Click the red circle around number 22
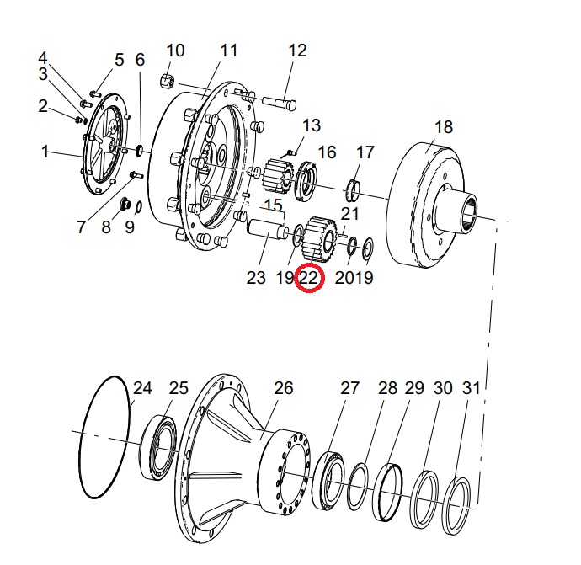pyautogui.click(x=310, y=278)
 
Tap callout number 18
pyautogui.click(x=443, y=127)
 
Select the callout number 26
pyautogui.click(x=284, y=388)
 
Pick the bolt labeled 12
pyautogui.click(x=279, y=103)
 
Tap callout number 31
pyautogui.click(x=472, y=388)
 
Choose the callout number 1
pyautogui.click(x=45, y=152)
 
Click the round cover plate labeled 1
pyautogui.click(x=106, y=147)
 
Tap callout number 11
pyautogui.click(x=228, y=51)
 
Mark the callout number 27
pyautogui.click(x=349, y=388)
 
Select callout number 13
pyautogui.click(x=312, y=125)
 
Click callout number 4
pyautogui.click(x=43, y=58)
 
